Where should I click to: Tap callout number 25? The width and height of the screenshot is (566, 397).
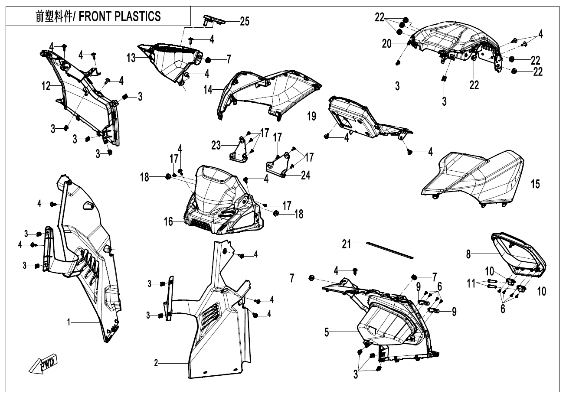point(245,21)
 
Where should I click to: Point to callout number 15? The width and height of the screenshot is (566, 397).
point(536,184)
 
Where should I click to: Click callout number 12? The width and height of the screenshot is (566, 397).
point(46,86)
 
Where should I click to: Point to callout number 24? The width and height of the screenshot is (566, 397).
point(306,176)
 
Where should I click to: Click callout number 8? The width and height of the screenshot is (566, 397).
point(468,254)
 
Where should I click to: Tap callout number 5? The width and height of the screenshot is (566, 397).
point(328,332)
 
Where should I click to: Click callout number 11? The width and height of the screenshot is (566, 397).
point(471,284)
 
